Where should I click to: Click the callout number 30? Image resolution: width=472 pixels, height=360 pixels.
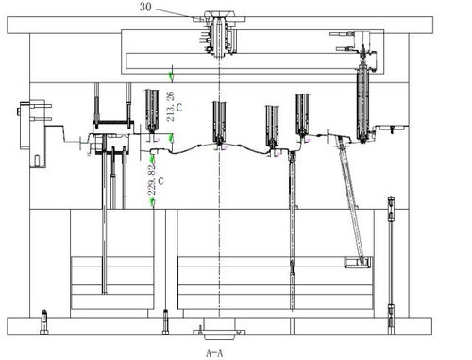click(145, 7)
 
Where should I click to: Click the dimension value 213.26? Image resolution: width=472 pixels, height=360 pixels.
click(170, 107)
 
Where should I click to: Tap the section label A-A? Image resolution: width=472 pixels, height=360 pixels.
click(214, 353)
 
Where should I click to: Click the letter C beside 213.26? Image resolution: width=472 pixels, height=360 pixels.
click(179, 108)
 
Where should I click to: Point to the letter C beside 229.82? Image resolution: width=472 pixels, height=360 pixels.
click(160, 180)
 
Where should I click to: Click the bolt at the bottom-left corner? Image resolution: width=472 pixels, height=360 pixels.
click(44, 322)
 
